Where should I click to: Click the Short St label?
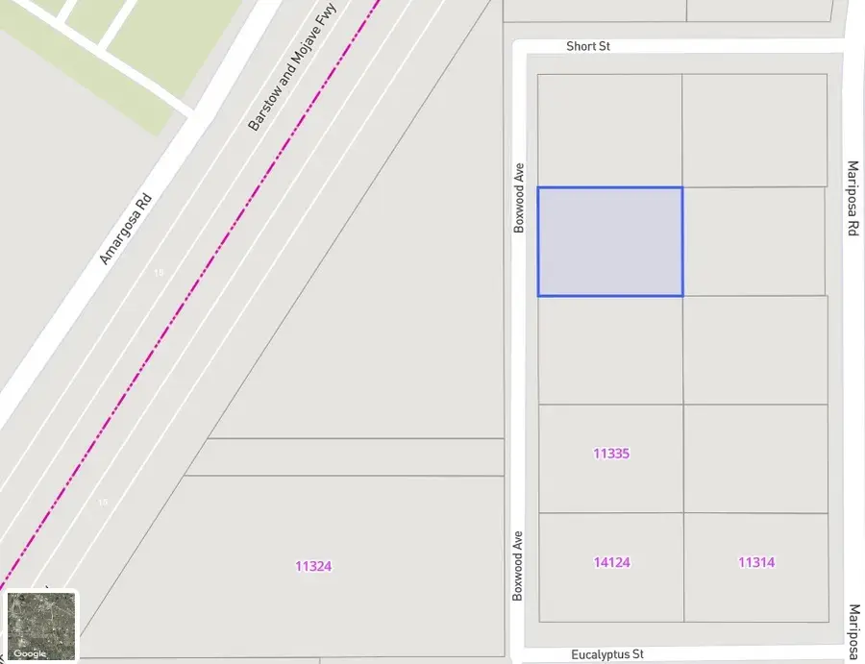point(588,46)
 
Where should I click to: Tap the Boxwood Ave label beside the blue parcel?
point(520,197)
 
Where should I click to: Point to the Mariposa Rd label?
point(852,198)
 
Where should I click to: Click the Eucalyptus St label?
point(607,654)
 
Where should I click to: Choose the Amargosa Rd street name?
point(126,230)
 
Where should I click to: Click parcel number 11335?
point(611,454)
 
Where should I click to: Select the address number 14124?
point(611,562)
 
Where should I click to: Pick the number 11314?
point(756,562)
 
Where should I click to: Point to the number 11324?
point(313,567)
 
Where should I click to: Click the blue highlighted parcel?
point(610,241)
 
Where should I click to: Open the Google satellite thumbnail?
point(41,626)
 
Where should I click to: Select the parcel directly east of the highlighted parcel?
point(754,241)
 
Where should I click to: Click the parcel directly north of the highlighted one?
point(609,131)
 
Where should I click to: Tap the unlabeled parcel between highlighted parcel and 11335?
point(610,350)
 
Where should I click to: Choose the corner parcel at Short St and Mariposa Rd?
point(754,130)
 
